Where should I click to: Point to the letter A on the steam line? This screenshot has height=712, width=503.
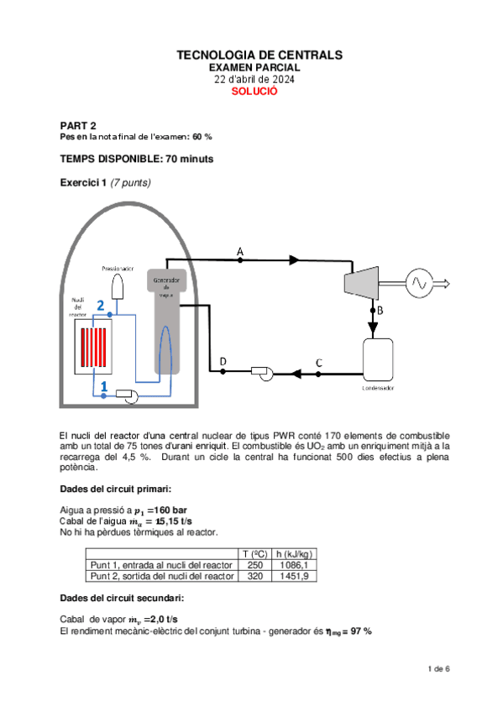tap(240, 251)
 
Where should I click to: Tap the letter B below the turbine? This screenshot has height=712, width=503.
tap(379, 311)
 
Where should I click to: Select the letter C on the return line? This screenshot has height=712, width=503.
tap(318, 362)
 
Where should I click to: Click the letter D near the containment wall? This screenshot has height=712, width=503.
tap(223, 362)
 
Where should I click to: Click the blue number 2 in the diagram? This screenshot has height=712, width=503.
tap(100, 307)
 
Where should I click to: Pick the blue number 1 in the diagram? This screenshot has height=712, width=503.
tap(103, 385)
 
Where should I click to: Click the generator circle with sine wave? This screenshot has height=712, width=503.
tap(417, 283)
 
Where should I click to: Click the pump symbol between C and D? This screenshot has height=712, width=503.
tap(261, 372)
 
